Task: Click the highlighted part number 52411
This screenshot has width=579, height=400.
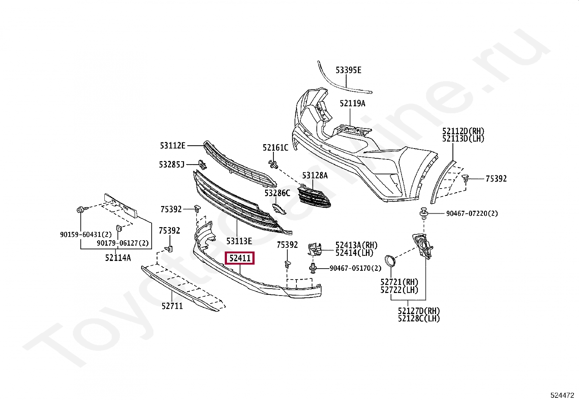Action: tap(240, 258)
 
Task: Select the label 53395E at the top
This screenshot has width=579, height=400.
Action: tap(348, 70)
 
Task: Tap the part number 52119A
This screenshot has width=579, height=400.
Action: tap(352, 103)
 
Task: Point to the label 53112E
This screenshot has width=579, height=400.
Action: tap(173, 146)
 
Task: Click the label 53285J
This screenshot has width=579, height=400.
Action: tap(172, 165)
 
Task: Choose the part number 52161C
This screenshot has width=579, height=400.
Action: tap(275, 148)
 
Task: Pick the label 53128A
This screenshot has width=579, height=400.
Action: tap(315, 176)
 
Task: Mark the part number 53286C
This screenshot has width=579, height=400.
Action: tap(277, 193)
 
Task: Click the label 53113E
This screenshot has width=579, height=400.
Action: tap(239, 241)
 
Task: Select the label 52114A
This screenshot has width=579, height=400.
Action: tap(118, 258)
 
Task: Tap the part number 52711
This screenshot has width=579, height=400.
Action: tap(172, 306)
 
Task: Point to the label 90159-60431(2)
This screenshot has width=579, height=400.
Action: tap(86, 235)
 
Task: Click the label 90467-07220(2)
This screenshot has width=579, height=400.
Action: tap(472, 214)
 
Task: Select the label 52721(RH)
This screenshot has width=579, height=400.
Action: tap(399, 282)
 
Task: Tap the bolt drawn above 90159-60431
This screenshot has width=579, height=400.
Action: tap(81, 210)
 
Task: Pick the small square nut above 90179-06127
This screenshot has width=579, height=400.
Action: tap(119, 228)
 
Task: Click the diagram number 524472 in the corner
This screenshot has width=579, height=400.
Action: tap(562, 395)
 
